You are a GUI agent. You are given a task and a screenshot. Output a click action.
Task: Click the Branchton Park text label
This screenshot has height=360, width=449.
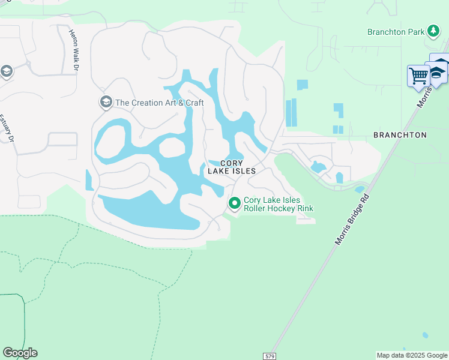click(x=396, y=31)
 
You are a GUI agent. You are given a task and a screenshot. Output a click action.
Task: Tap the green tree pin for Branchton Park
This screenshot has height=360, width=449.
click(x=432, y=31)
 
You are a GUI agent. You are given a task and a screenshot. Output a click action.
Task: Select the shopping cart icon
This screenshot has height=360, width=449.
click(x=418, y=76)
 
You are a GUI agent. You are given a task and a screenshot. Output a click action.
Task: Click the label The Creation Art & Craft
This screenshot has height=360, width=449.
click(x=159, y=103)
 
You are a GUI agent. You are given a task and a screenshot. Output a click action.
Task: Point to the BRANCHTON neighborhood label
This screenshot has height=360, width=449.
click(x=400, y=135)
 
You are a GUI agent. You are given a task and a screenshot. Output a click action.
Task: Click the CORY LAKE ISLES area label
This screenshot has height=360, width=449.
click(x=232, y=167)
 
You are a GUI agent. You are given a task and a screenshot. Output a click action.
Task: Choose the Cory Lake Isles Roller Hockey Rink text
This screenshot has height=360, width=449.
click(x=279, y=205)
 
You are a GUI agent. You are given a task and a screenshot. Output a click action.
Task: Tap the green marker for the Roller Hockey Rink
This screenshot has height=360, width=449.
click(x=234, y=205)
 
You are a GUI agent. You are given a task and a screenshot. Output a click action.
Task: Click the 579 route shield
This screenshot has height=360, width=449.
click(x=270, y=356)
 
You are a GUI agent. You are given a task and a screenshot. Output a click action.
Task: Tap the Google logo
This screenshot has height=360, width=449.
click(x=20, y=353)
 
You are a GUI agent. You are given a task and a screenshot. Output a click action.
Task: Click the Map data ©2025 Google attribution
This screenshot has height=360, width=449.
click(x=412, y=355)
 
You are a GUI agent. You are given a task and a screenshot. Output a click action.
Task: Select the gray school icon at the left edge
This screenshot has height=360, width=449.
click(x=6, y=72)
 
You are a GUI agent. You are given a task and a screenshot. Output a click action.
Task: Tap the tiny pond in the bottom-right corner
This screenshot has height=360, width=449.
click(x=426, y=335)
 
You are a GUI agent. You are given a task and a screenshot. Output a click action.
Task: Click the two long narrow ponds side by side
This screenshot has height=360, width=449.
click(x=291, y=113)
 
